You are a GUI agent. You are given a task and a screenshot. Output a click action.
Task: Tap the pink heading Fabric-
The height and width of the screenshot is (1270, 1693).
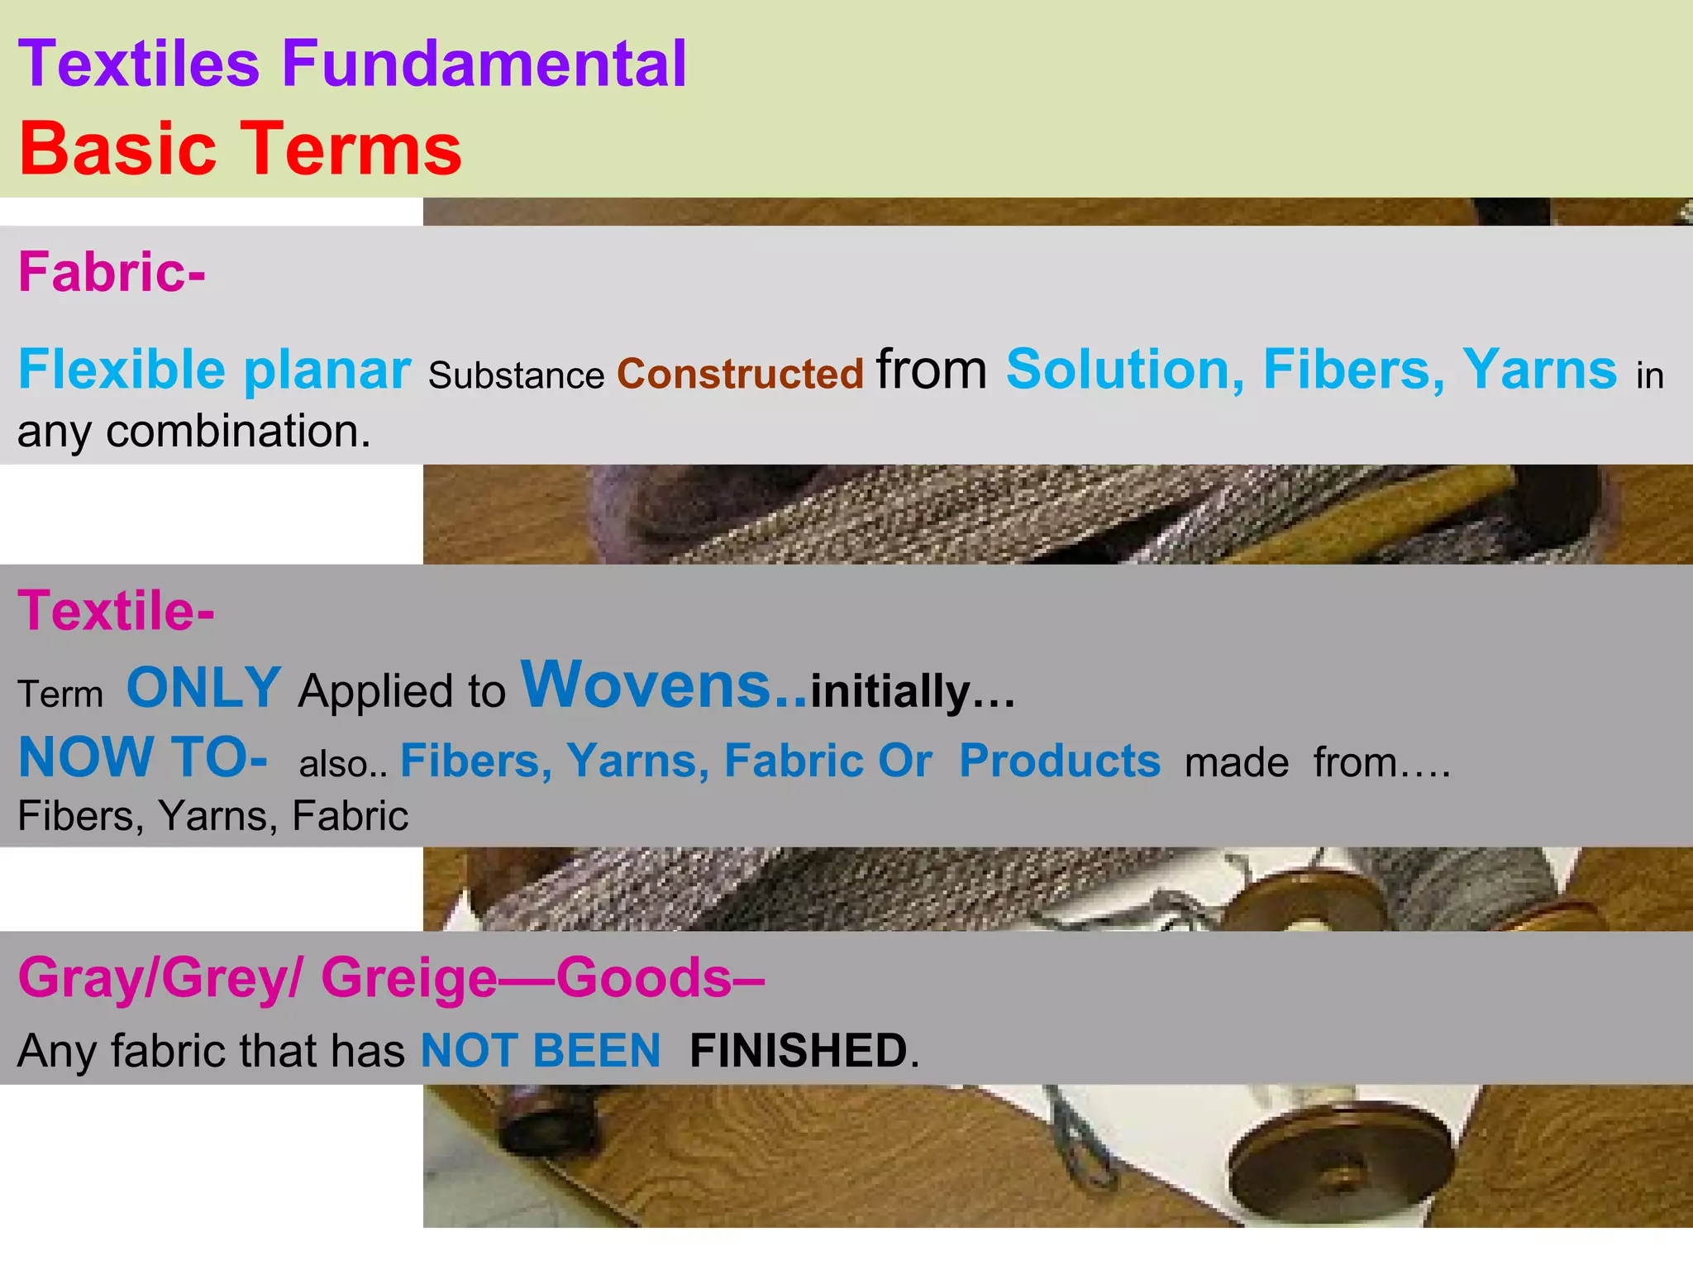112,272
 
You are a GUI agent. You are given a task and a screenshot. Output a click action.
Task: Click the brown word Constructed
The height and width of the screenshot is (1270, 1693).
740,374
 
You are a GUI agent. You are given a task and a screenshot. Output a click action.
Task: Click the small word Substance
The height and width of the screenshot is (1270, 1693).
517,376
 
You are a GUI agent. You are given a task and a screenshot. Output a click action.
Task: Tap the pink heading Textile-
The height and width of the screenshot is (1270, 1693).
116,611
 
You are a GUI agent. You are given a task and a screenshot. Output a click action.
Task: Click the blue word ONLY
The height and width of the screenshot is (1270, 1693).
203,688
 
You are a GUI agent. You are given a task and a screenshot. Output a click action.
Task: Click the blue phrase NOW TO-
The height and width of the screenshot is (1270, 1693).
142,757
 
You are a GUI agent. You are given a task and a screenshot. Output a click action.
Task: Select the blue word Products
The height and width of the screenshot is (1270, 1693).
1060,761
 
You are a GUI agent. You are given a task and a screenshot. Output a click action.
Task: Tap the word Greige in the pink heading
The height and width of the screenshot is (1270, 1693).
409,977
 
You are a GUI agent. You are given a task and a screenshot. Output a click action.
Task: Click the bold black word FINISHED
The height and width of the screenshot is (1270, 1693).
799,1051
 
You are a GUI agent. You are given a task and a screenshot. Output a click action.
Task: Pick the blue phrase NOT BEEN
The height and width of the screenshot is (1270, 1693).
541,1051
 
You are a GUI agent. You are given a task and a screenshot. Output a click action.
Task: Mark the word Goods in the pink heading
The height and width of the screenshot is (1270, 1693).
644,977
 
